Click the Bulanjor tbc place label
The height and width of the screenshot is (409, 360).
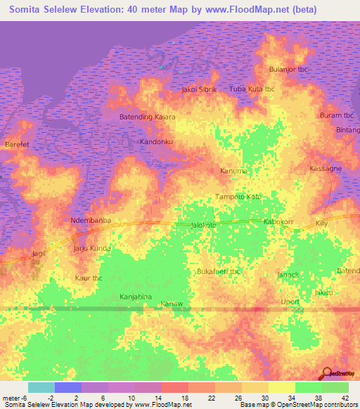coord(290,70)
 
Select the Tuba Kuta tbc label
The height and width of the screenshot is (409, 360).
coord(252,89)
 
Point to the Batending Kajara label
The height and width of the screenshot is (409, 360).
coord(147,117)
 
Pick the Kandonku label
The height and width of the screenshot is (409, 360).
coord(156,142)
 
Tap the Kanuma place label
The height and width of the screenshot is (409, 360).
coord(234,171)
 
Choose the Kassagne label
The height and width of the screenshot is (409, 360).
coord(326,169)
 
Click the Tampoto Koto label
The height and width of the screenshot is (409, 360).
coord(237,197)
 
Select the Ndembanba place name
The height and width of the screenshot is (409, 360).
coord(91,221)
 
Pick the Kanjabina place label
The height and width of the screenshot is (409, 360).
coord(136,297)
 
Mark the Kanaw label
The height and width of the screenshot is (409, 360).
coord(172,304)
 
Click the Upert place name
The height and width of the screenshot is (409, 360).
coord(290,301)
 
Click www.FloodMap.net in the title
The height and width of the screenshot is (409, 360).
coord(241,10)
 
